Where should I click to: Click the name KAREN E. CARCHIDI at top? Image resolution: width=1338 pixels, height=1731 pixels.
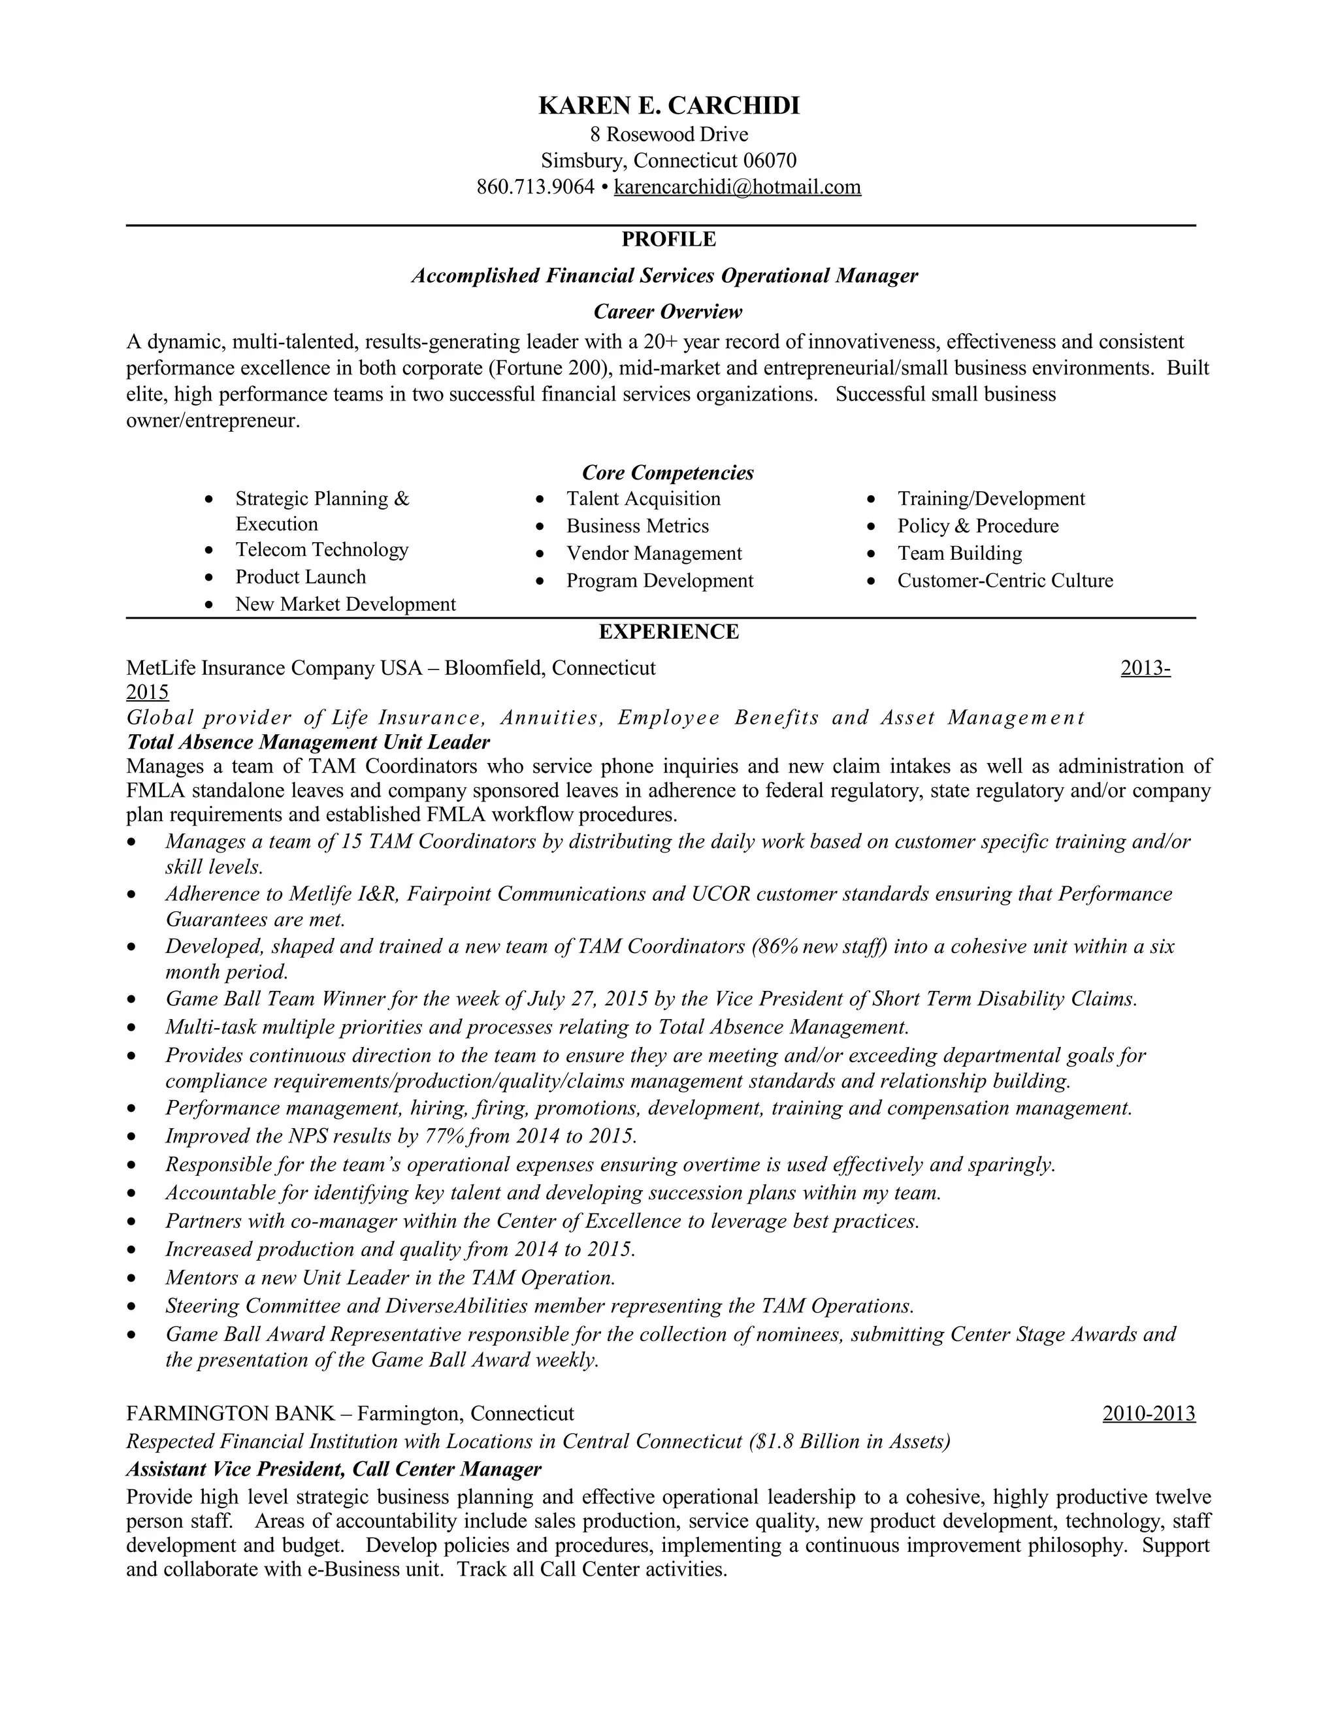tap(668, 105)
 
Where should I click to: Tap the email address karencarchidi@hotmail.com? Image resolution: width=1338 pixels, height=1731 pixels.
tap(736, 187)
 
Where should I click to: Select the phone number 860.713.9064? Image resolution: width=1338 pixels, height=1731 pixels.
tap(535, 187)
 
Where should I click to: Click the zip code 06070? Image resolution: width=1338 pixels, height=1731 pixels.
tap(769, 161)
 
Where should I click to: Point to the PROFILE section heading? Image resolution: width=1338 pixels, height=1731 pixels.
tap(668, 239)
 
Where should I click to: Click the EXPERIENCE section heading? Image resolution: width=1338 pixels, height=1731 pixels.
tap(668, 632)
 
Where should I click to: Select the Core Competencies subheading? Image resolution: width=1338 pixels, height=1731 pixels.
tap(668, 473)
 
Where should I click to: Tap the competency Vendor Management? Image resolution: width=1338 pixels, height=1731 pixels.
tap(653, 553)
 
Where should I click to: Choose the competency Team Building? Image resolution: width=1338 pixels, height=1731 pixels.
tap(959, 553)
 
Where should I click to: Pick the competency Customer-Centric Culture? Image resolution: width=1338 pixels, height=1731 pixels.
tap(1004, 581)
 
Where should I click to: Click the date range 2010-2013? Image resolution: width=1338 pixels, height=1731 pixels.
tap(1148, 1414)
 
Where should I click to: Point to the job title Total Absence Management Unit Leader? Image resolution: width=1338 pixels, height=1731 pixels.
tap(308, 743)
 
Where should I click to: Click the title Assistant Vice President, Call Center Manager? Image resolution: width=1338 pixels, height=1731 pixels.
tap(334, 1470)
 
